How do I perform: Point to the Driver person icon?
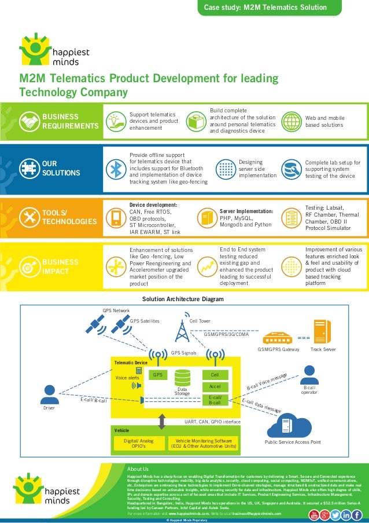[49, 394]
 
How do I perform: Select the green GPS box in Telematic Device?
[157, 375]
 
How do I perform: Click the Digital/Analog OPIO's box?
[139, 443]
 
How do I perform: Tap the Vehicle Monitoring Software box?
[203, 443]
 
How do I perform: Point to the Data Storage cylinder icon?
[183, 378]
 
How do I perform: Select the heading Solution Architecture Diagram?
[183, 299]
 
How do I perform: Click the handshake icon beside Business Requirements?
[29, 122]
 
